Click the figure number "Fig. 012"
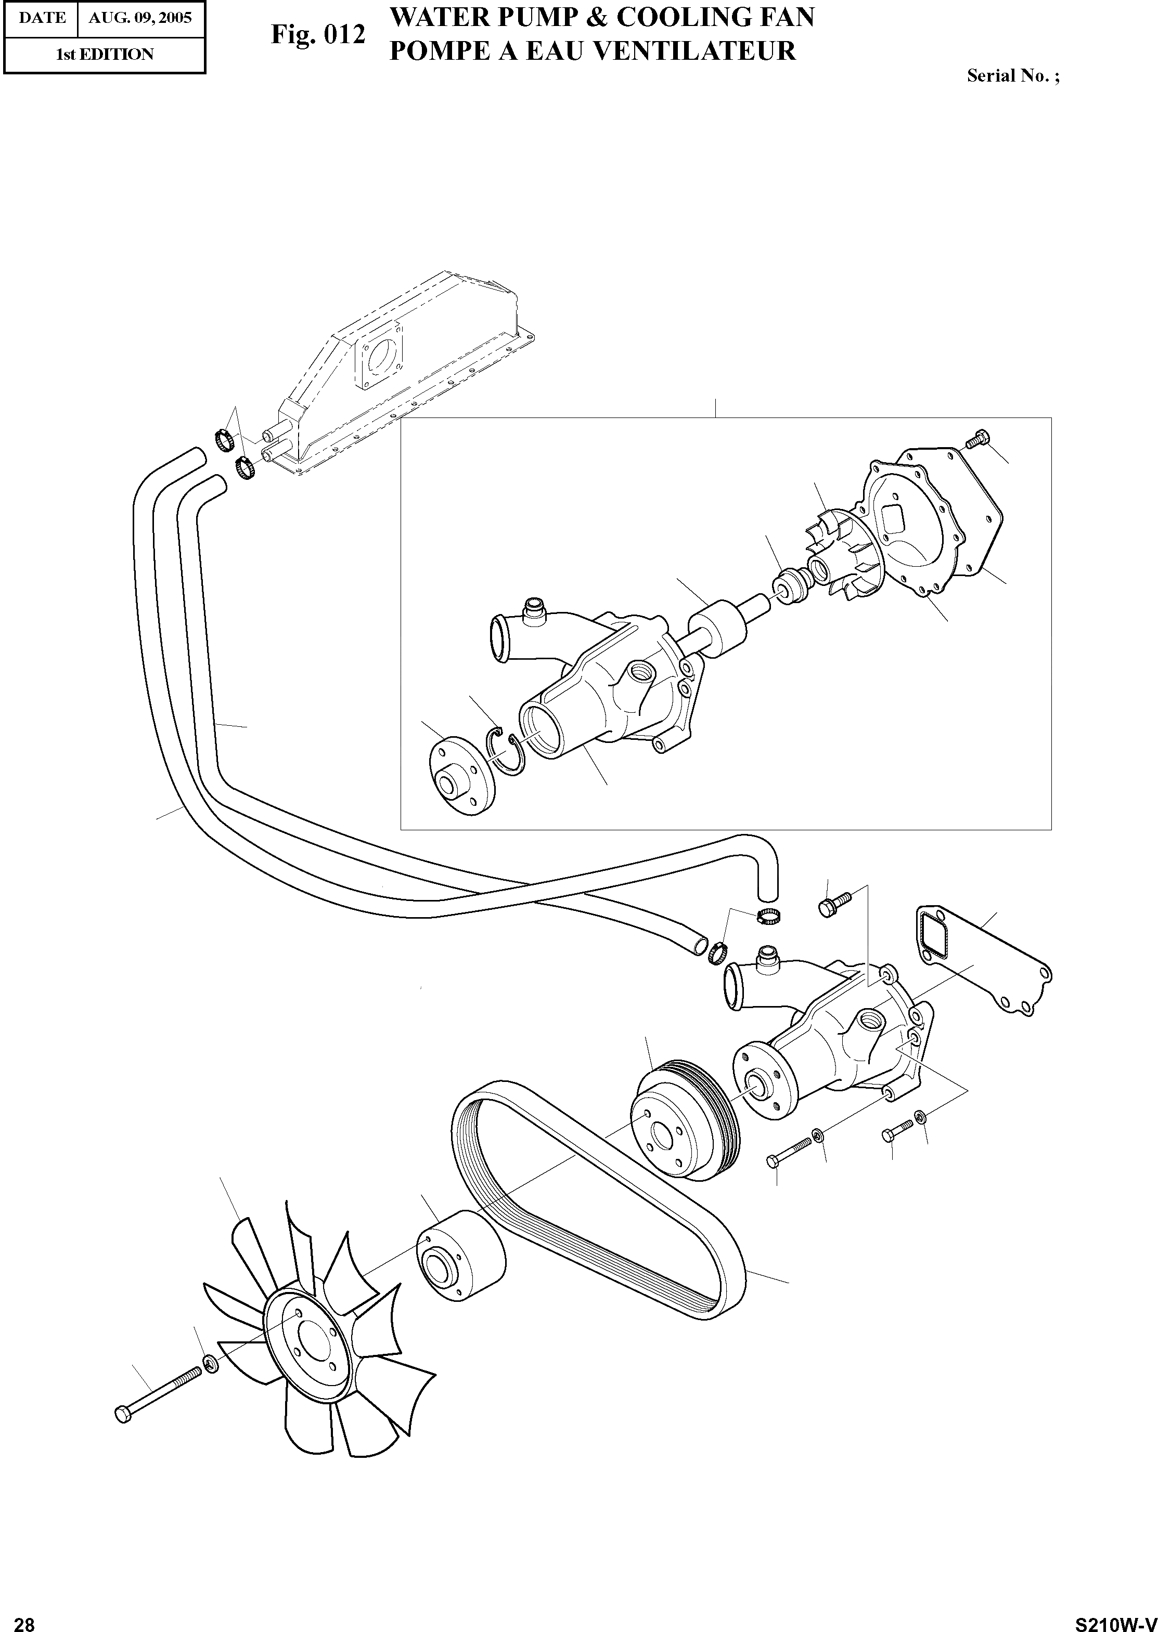[x=317, y=34]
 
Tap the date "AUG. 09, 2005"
[x=140, y=18]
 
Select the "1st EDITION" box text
[x=105, y=54]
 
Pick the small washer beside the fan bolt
[x=210, y=1364]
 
